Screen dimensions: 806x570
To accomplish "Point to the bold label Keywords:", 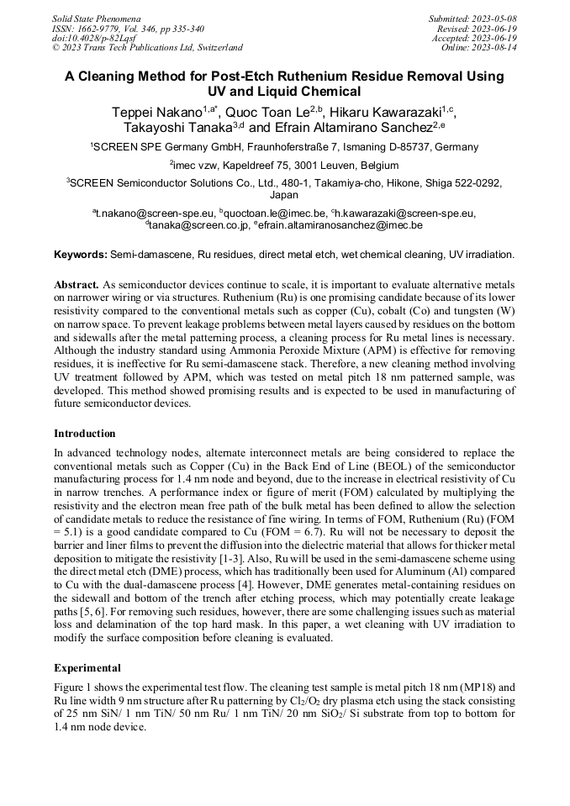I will (81, 254).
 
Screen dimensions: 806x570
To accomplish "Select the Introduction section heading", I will (85, 434).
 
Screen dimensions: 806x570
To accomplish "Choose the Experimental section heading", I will (87, 668).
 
